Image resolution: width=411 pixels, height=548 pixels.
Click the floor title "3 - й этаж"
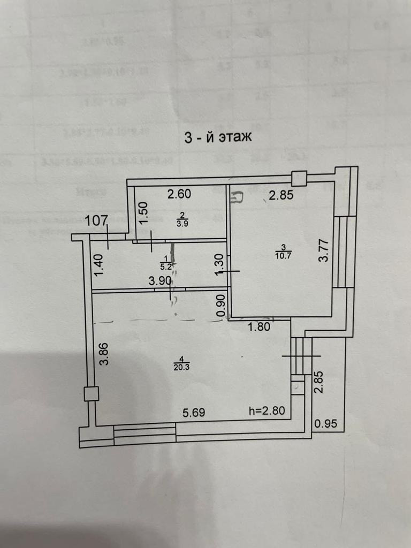point(217,138)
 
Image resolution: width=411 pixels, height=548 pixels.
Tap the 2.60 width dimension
point(179,195)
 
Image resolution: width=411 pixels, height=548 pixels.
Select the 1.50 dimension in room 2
point(142,215)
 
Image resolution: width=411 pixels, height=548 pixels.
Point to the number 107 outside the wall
point(97,220)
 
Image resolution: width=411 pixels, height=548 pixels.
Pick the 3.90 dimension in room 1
point(160,280)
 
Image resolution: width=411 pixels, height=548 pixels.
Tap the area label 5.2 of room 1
point(165,265)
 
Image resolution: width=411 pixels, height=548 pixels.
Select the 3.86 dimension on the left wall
point(104,353)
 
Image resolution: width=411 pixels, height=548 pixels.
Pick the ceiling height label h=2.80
point(270,412)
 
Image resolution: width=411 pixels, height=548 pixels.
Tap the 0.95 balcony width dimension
point(326,424)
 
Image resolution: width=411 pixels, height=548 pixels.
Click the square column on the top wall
point(299,178)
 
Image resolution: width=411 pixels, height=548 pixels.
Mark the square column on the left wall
point(91,394)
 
